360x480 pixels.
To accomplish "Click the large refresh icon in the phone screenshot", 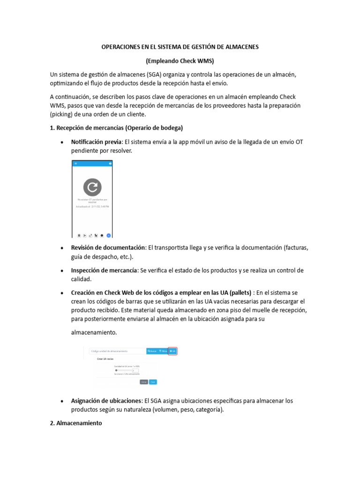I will (92, 187).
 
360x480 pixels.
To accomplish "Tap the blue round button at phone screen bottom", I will (108, 235).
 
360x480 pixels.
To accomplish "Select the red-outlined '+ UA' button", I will (172, 351).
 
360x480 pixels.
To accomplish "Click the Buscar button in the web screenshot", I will (152, 351).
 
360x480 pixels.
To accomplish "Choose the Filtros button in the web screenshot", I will (163, 351).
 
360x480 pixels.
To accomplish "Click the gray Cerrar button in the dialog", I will (144, 382).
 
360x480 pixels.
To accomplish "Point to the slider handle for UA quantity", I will (116, 370).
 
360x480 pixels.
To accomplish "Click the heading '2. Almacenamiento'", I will (75, 423).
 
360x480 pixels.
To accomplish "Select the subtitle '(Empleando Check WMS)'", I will (180, 61).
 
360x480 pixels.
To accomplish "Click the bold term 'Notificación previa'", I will (96, 142).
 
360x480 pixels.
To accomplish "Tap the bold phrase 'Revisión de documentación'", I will (108, 247).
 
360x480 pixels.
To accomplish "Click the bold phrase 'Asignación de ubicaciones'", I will (107, 401).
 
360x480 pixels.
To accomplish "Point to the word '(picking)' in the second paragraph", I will (62, 114).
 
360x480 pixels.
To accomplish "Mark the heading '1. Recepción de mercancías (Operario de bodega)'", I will (116, 128).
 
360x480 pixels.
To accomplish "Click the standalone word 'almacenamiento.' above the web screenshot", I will (94, 332).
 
